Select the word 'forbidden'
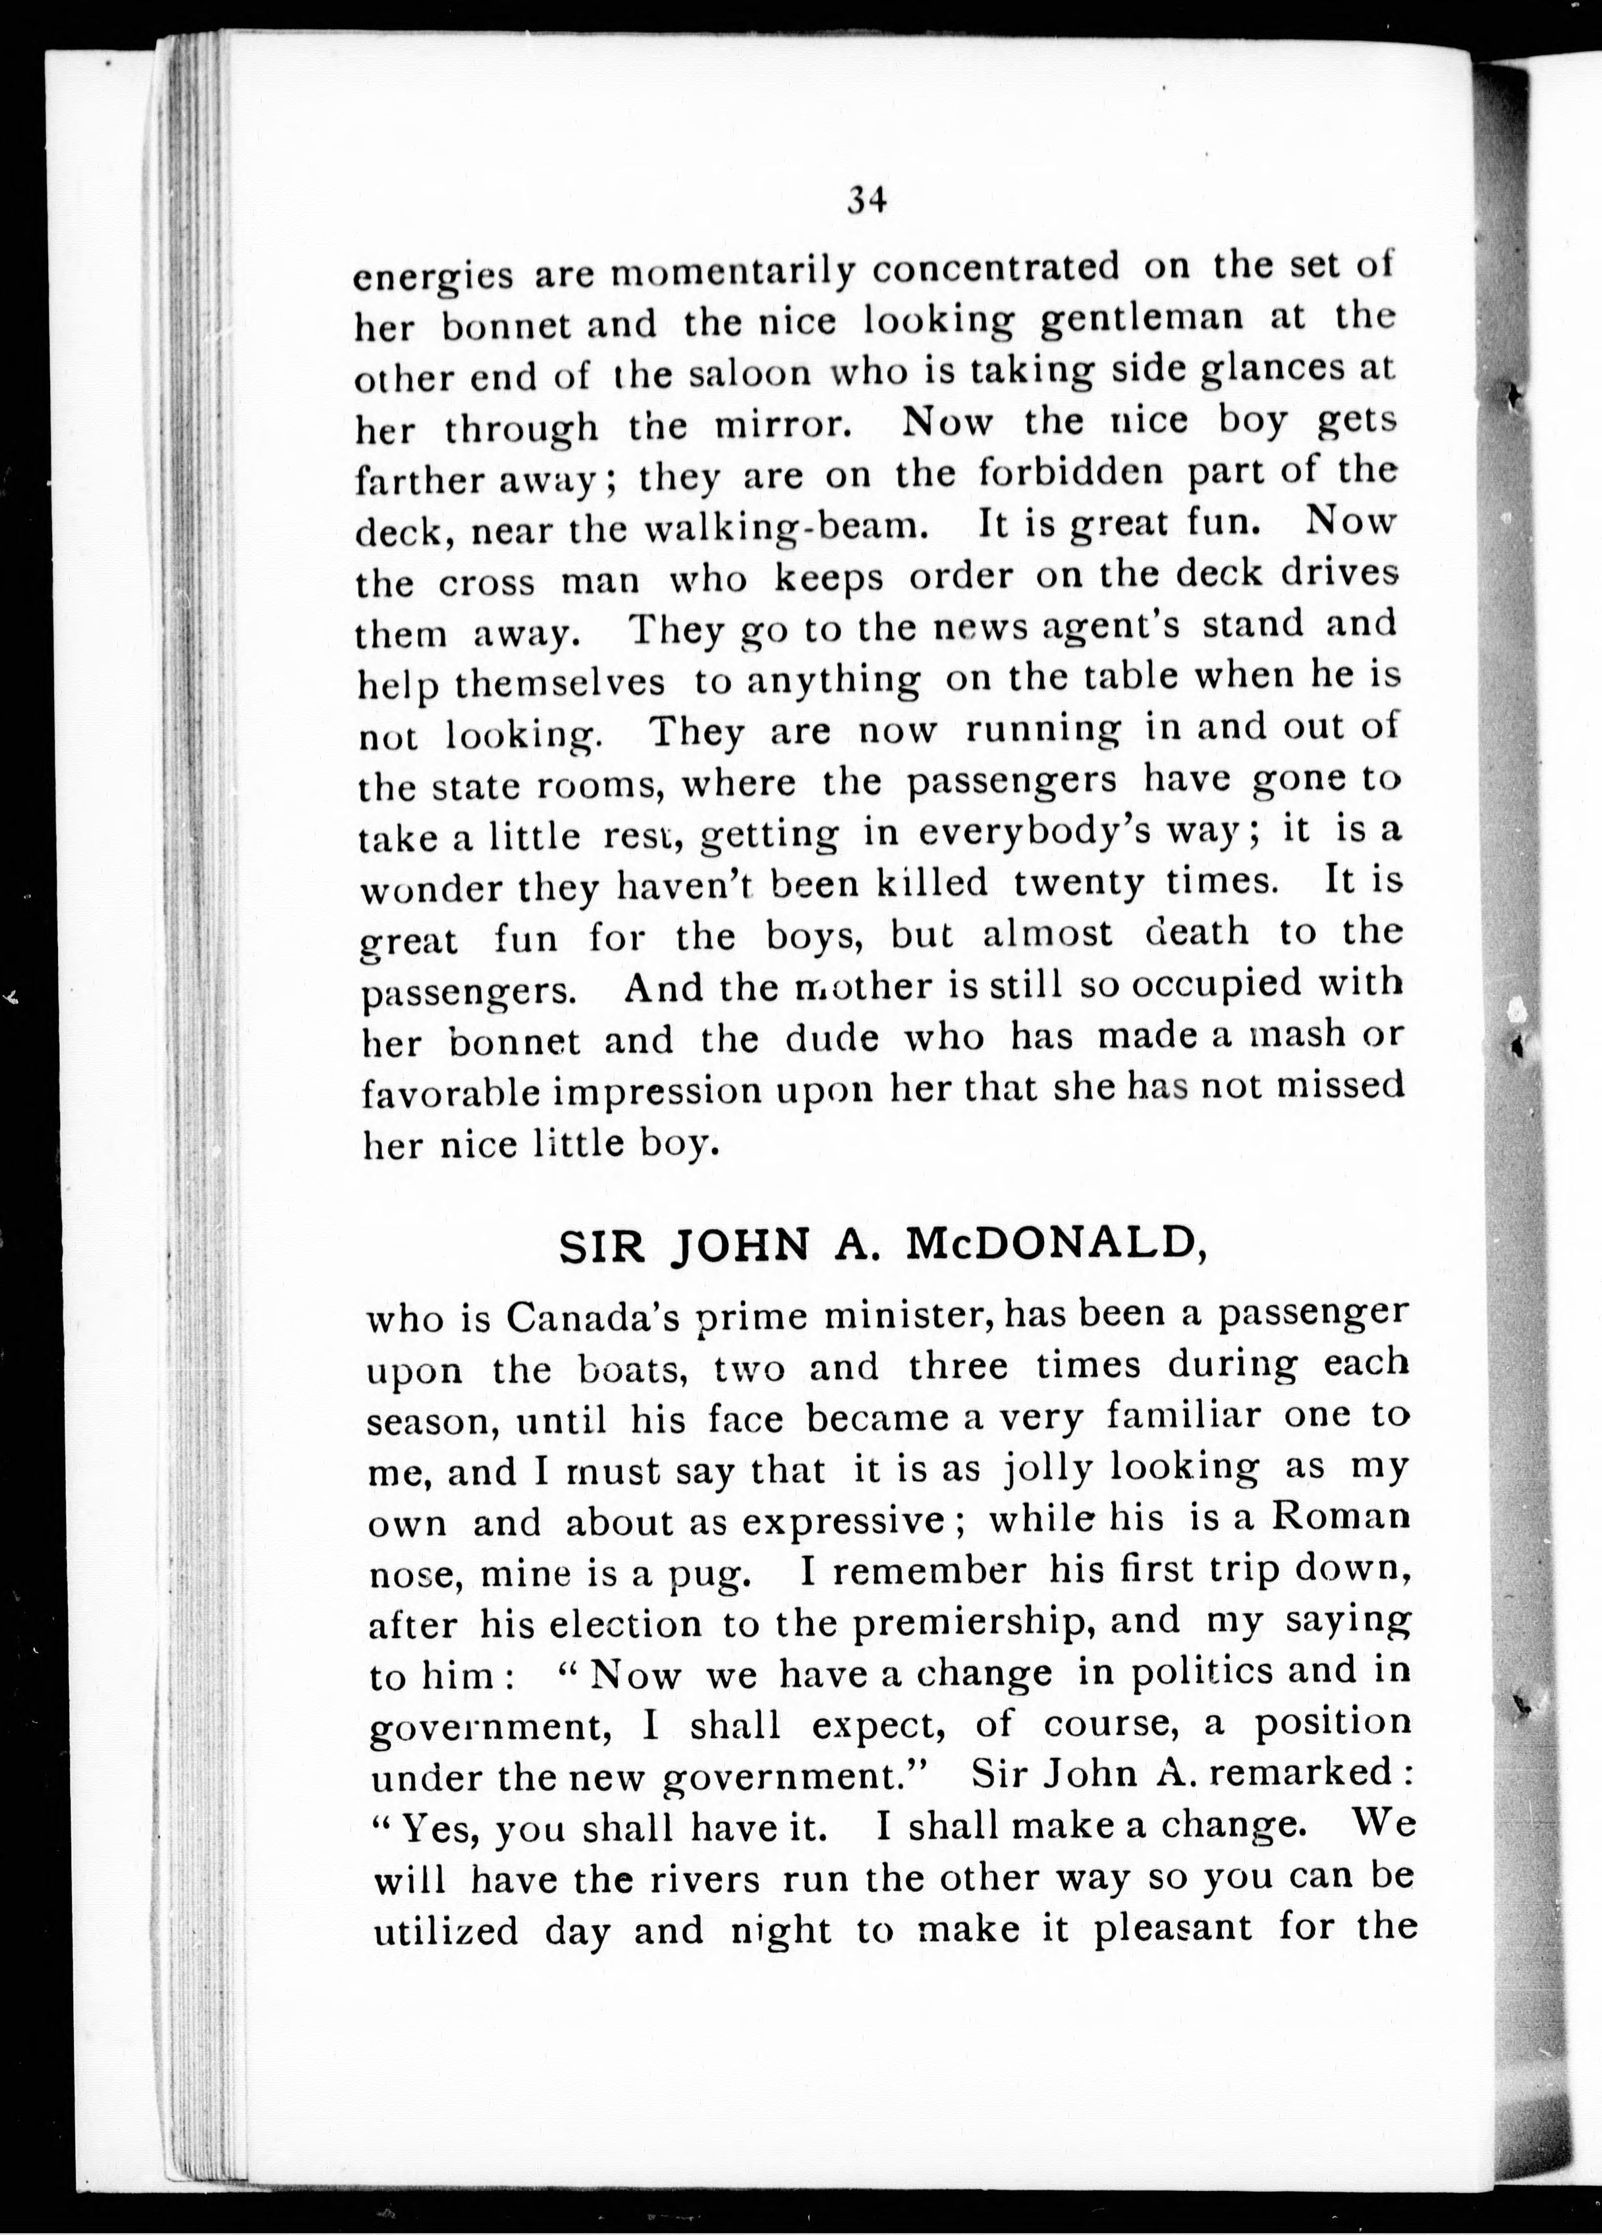1070,473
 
